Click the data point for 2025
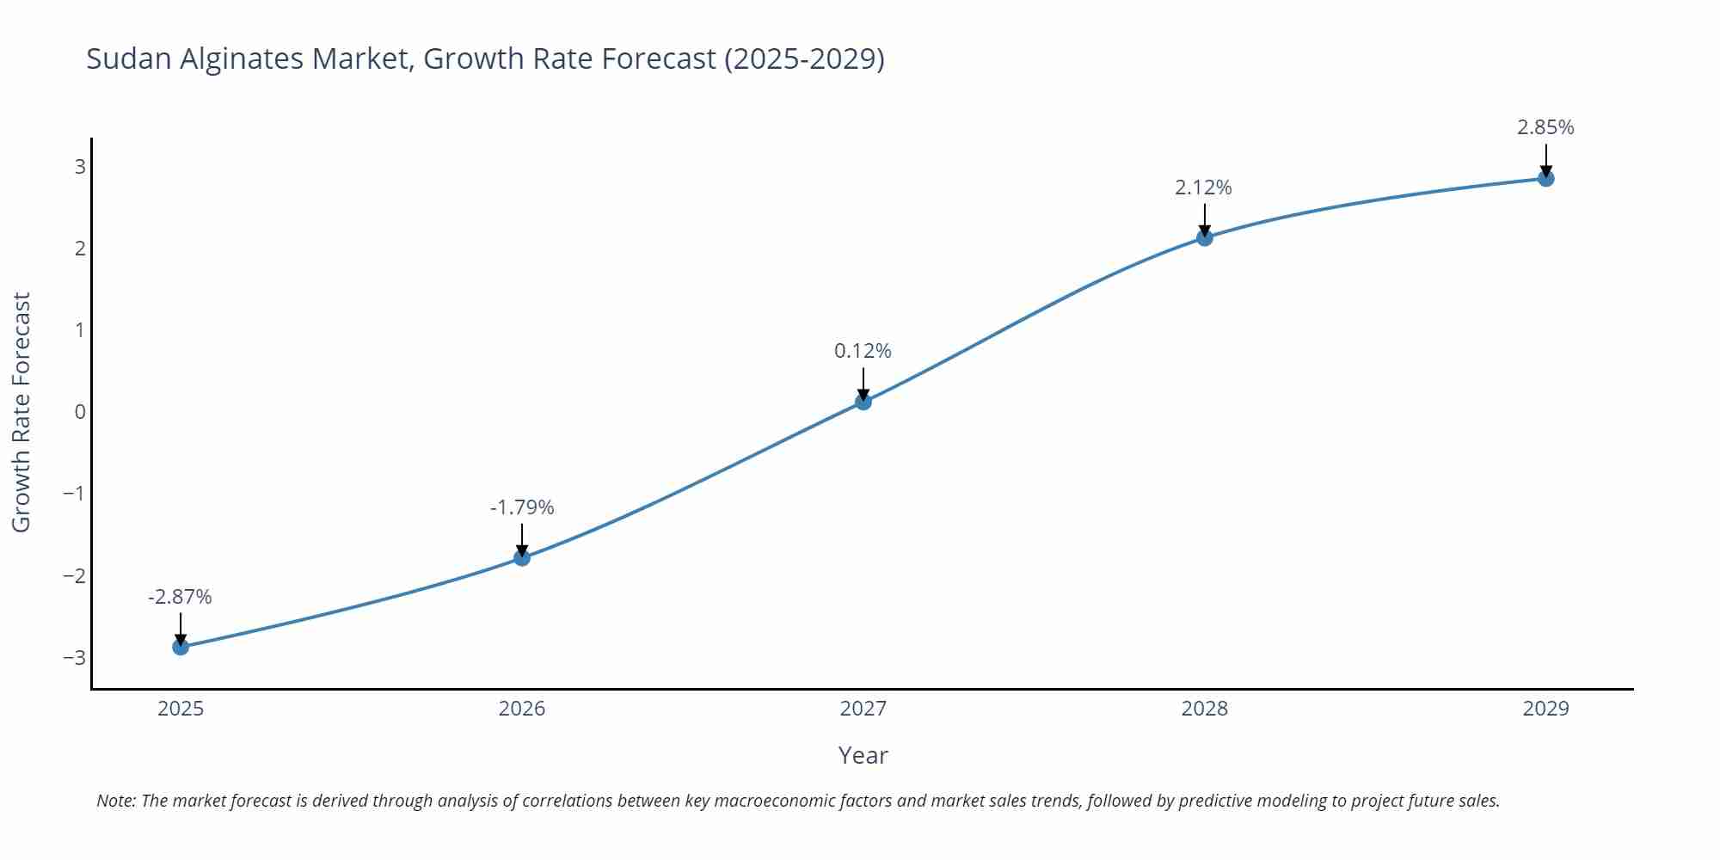coord(181,647)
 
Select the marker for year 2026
coord(522,558)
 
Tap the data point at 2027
coord(863,402)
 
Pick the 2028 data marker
coord(1205,237)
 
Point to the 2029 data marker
coord(1545,179)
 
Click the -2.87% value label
coord(180,597)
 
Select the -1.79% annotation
coord(522,507)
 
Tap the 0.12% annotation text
coord(863,351)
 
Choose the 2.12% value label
coord(1203,187)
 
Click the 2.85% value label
coord(1545,127)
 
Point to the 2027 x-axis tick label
coord(863,709)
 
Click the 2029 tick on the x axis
coord(1545,709)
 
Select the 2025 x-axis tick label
coord(181,709)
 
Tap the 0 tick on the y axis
coord(80,412)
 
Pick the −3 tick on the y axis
coord(75,658)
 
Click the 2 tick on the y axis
coord(80,249)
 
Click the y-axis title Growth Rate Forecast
coord(21,412)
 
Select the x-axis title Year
coord(863,755)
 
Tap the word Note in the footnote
coord(115,801)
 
